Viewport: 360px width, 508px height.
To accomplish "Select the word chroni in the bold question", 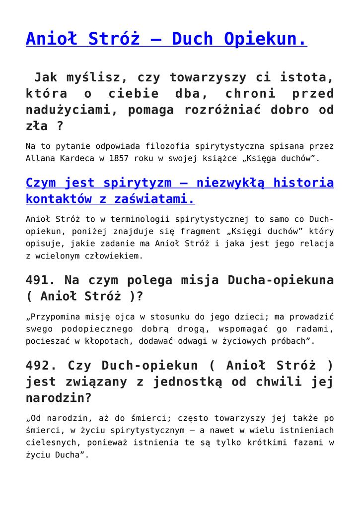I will tap(251, 93).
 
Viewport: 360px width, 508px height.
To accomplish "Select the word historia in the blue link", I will tap(304, 183).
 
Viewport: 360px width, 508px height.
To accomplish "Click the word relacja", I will tap(316, 244).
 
